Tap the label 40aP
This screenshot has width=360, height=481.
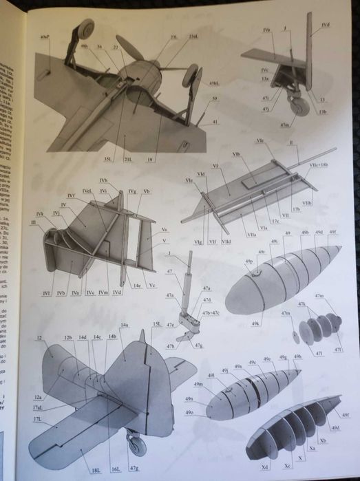point(45,36)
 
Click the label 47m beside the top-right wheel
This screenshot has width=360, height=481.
point(284,125)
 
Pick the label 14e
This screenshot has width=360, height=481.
point(137,284)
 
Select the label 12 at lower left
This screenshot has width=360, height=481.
point(39,338)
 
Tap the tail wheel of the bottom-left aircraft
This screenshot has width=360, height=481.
point(136,443)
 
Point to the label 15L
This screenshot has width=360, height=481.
point(156,324)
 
